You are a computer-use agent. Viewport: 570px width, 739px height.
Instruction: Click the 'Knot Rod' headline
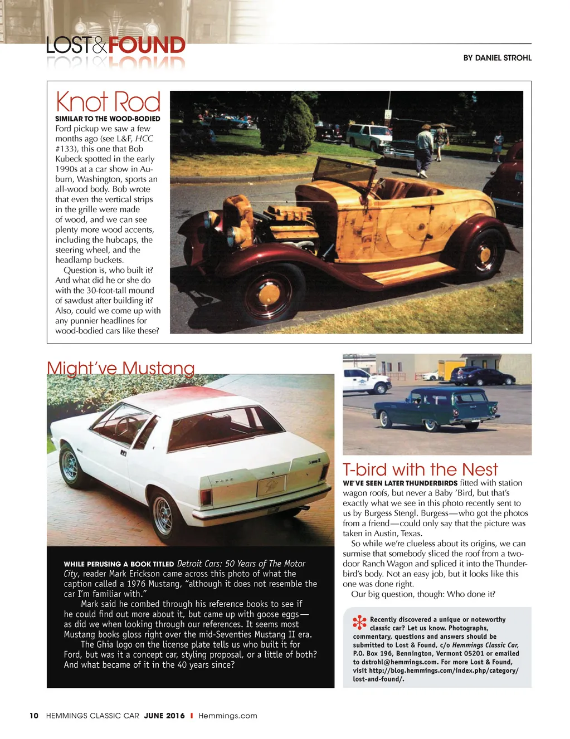tap(108, 102)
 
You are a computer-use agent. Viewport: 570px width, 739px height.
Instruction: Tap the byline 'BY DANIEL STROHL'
tap(497, 58)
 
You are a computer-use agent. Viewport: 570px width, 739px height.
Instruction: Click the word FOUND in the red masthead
tap(147, 45)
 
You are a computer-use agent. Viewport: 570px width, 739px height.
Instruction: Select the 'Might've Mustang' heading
tap(121, 368)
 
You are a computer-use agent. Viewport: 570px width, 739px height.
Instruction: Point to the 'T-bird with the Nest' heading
tap(420, 469)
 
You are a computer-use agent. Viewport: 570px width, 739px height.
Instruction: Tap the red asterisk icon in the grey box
tap(359, 623)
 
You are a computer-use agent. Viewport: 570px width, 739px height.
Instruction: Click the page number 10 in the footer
tap(34, 716)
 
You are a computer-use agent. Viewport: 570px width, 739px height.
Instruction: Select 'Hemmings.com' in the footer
tap(228, 716)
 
